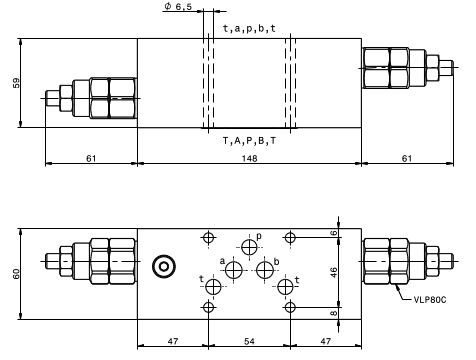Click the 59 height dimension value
[x=16, y=83]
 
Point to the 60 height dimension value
[x=16, y=274]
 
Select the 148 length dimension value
[x=249, y=158]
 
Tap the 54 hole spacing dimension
[x=249, y=341]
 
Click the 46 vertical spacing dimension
[x=334, y=272]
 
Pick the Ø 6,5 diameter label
[x=178, y=6]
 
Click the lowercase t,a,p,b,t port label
[x=249, y=29]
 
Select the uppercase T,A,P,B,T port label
[x=249, y=141]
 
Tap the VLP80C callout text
[x=430, y=299]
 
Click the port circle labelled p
[x=249, y=247]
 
